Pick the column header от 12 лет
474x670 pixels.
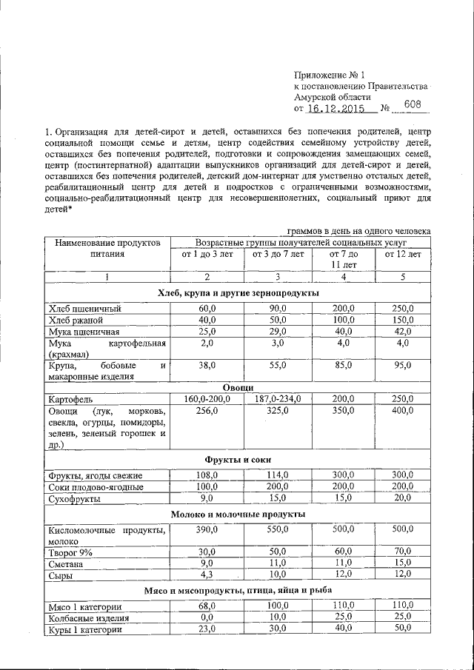click(403, 254)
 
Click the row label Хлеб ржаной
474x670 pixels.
click(76, 320)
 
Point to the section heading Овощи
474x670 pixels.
click(238, 387)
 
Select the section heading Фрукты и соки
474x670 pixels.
click(238, 460)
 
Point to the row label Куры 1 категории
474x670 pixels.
click(84, 629)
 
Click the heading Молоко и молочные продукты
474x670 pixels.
click(238, 514)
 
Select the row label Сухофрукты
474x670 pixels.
click(75, 498)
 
